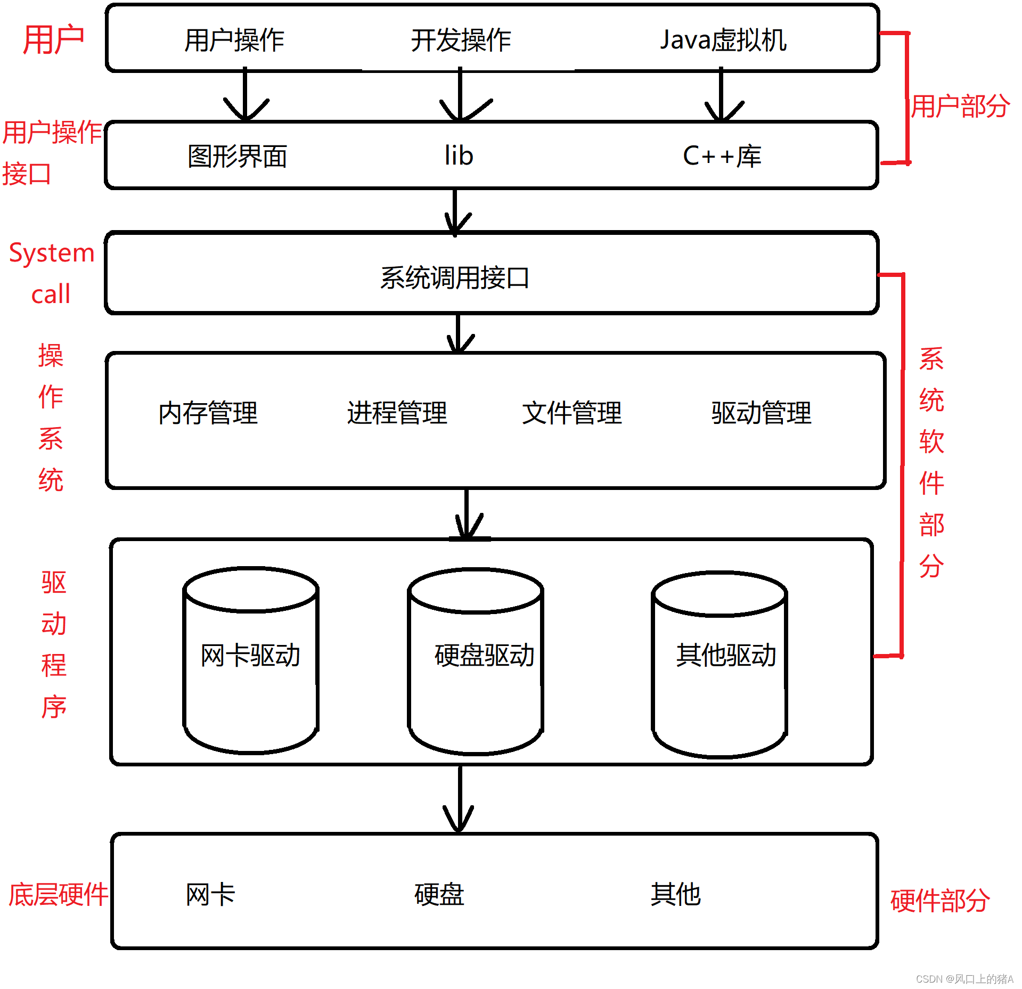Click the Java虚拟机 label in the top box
click(x=723, y=40)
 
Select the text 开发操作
click(x=461, y=40)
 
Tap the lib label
click(x=459, y=156)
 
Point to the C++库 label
click(x=722, y=156)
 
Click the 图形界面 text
click(x=238, y=156)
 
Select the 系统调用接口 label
click(x=454, y=277)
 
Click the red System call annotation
click(x=51, y=273)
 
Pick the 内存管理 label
click(x=208, y=413)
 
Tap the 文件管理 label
click(x=571, y=413)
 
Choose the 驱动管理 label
click(x=761, y=413)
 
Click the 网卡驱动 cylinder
click(x=250, y=660)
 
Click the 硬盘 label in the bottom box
click(x=439, y=894)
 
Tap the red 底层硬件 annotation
click(x=58, y=894)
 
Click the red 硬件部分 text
click(x=940, y=901)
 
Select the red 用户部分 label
click(x=960, y=106)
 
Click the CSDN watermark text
click(x=964, y=979)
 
